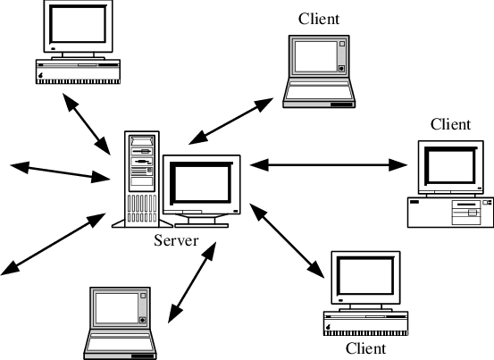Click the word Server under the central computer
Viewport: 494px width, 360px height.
point(176,240)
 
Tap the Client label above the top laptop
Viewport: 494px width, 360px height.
point(319,19)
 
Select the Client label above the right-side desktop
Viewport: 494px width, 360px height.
point(450,124)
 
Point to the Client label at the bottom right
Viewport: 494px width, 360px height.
point(365,348)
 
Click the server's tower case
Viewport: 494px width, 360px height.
point(142,179)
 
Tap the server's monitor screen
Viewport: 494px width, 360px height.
point(202,184)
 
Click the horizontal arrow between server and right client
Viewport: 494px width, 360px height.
point(328,164)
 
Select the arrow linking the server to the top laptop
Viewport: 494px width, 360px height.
point(231,121)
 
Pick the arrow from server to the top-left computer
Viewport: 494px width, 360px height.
point(87,124)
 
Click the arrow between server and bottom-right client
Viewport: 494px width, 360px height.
point(287,241)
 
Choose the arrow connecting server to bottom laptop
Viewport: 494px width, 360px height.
point(192,282)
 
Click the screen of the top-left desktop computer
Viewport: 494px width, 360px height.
point(78,24)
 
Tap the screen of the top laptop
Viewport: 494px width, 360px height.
point(316,56)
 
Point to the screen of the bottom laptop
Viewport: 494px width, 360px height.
point(117,308)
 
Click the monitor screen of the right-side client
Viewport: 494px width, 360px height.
point(451,167)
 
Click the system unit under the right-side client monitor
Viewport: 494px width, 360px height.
point(450,213)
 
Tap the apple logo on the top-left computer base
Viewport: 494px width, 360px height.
point(40,75)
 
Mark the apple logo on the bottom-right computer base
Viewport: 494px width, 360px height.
point(328,327)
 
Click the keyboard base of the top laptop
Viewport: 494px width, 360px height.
point(319,93)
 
